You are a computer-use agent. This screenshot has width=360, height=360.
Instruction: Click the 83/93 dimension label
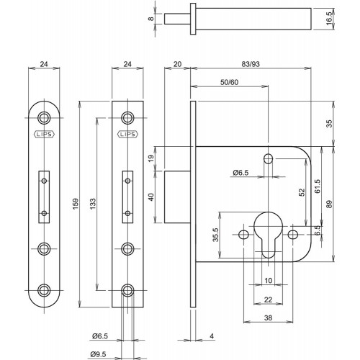tap(251, 64)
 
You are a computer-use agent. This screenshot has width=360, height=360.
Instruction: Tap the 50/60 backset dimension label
tap(229, 82)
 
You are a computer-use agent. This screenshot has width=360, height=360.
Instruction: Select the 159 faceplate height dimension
tap(76, 204)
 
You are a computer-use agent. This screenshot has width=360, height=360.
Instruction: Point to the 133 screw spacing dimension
tap(93, 204)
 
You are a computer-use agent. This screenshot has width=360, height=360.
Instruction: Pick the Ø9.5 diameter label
tap(99, 354)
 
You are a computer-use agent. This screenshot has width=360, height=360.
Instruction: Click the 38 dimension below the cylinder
tap(268, 318)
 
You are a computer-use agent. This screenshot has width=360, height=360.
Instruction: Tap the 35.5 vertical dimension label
tap(216, 235)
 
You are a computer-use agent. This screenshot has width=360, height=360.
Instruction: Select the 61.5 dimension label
tap(318, 186)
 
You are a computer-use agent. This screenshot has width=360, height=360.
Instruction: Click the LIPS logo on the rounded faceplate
tap(44, 134)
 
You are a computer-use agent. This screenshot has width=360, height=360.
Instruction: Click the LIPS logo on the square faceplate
tap(127, 134)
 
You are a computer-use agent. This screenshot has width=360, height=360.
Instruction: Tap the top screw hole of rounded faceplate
tap(44, 117)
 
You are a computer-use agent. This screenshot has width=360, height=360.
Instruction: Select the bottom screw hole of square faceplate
tap(127, 290)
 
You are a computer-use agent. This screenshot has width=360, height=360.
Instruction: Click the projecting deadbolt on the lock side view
tap(177, 197)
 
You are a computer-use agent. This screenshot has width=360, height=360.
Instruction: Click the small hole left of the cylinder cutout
tap(243, 235)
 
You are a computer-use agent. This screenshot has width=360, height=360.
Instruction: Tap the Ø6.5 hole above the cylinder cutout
tap(268, 158)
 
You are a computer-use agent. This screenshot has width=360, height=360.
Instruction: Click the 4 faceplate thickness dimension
tap(212, 336)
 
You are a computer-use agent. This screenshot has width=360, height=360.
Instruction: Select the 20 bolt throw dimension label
tap(177, 64)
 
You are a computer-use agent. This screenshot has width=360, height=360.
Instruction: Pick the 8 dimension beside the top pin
tap(150, 18)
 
